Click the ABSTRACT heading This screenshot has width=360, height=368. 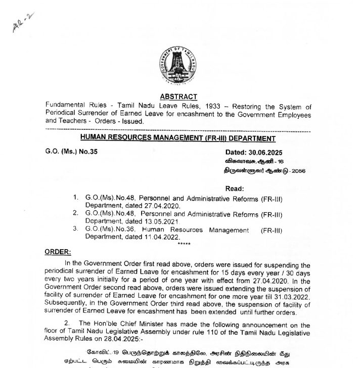click(179, 96)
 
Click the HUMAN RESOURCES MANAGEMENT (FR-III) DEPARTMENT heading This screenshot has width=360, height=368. click(179, 139)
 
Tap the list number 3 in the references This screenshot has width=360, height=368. click(74, 229)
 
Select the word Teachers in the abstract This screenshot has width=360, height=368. click(66, 122)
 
